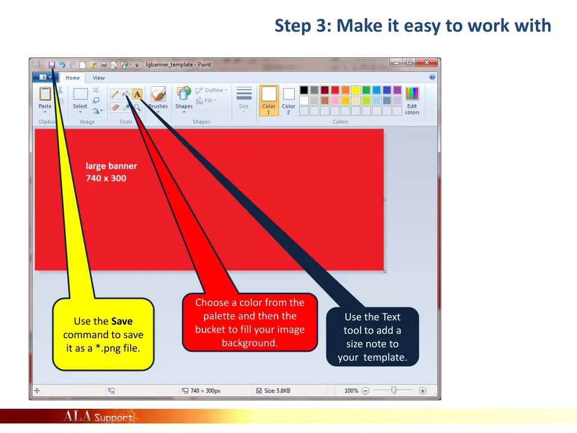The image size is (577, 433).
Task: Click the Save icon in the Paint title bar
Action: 51,65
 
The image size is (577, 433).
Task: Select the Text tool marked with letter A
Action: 137,94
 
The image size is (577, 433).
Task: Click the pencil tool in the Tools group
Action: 115,94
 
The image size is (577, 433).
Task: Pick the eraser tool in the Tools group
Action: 115,107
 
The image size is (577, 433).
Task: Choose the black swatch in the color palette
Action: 304,90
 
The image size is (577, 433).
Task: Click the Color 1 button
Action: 269,100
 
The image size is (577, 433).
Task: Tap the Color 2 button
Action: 288,100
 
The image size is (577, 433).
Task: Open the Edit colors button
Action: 412,100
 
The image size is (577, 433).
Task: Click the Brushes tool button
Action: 158,98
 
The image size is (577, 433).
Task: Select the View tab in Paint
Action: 99,78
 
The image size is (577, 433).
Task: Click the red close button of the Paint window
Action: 427,63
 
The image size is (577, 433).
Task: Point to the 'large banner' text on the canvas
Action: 111,166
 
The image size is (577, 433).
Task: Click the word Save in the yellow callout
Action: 122,321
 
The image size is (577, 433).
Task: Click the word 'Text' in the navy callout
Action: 391,317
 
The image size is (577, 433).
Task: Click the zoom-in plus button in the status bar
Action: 423,390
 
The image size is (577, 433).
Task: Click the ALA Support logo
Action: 98,417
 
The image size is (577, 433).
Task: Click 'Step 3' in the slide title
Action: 301,26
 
